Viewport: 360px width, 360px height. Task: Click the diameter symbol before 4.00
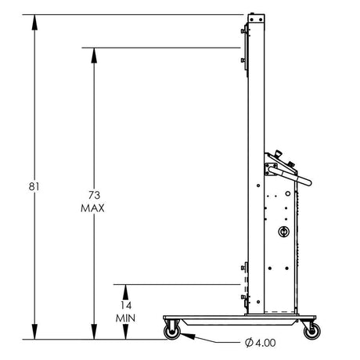(248, 342)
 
